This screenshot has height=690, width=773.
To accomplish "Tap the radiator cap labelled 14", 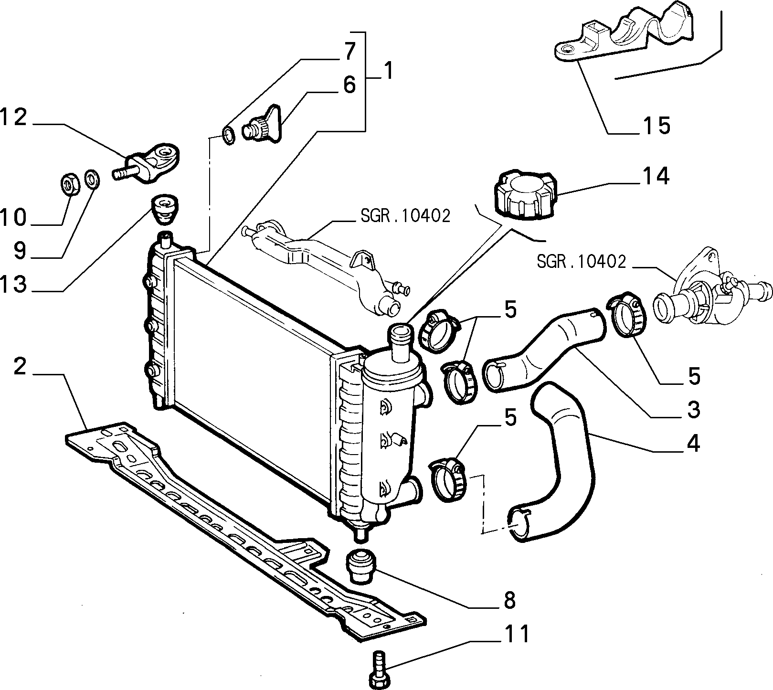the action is pyautogui.click(x=525, y=195).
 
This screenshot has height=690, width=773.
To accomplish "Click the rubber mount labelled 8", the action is pyautogui.click(x=362, y=566).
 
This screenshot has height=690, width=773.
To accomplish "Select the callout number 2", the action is pyautogui.click(x=19, y=367).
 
